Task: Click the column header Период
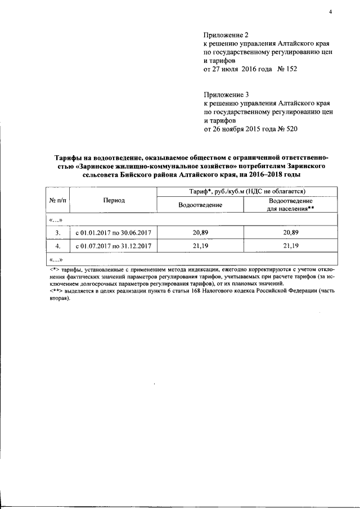click(114, 200)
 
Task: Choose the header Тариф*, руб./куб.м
click(247, 192)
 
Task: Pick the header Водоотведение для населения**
click(290, 205)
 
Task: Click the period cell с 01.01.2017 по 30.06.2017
click(114, 232)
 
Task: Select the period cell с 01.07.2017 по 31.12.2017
click(114, 246)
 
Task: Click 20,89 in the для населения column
click(291, 232)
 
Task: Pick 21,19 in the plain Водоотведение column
click(200, 246)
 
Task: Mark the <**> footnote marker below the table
click(52, 291)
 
